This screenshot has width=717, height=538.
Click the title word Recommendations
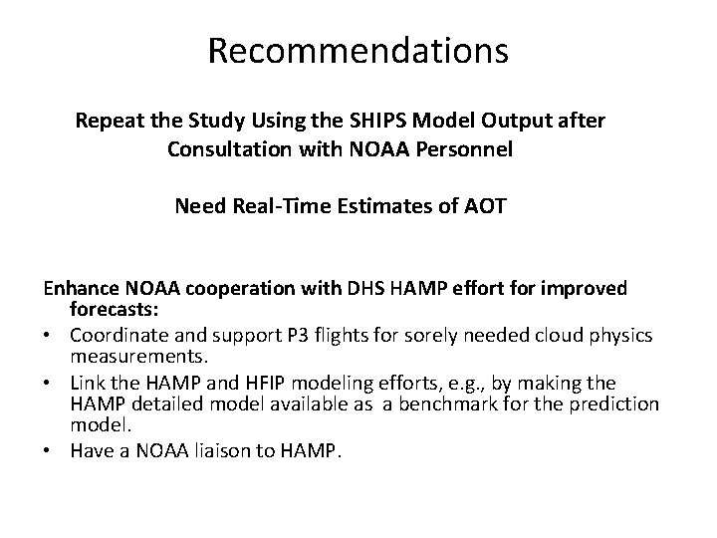tap(358, 51)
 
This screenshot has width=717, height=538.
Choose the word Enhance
tap(80, 289)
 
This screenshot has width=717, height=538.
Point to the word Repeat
tap(107, 121)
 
